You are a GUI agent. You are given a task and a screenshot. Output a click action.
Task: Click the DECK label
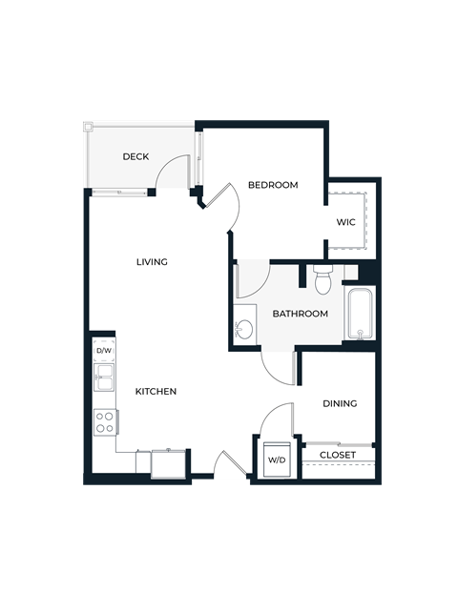(135, 156)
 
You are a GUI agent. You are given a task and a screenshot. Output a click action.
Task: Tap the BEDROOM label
(273, 185)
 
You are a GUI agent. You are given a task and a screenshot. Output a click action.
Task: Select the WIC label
(345, 222)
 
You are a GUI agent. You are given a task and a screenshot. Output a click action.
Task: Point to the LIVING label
(152, 262)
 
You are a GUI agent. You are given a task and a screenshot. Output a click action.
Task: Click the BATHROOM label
(300, 314)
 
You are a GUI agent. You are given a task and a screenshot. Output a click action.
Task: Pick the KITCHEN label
(156, 392)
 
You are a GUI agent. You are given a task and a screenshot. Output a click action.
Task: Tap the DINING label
(340, 403)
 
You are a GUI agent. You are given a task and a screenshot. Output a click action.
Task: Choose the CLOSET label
(338, 455)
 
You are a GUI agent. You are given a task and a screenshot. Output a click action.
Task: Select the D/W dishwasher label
(104, 351)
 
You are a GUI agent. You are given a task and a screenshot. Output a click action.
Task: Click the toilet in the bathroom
(323, 279)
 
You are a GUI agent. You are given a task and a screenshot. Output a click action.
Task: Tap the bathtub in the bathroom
(360, 313)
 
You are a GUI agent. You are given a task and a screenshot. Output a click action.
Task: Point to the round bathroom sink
(244, 330)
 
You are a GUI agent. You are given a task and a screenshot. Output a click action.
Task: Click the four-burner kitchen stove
(104, 421)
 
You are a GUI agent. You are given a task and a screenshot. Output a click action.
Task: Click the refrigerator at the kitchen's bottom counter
(169, 463)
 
